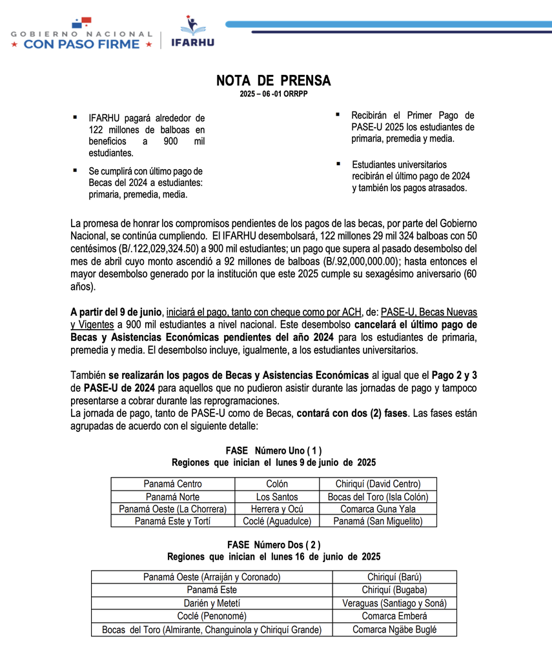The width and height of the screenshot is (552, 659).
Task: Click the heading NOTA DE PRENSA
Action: click(x=273, y=81)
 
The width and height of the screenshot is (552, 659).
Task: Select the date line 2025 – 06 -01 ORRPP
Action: click(x=273, y=94)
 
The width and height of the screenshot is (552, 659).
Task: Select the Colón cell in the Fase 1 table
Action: click(x=277, y=483)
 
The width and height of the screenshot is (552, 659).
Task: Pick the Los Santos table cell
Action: click(x=277, y=496)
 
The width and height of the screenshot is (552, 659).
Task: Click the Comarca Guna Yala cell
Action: click(x=378, y=509)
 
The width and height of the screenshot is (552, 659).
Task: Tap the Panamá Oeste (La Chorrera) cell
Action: click(x=172, y=509)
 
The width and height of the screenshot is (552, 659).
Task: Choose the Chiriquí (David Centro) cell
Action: click(x=378, y=483)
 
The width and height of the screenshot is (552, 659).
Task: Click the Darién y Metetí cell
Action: click(x=212, y=603)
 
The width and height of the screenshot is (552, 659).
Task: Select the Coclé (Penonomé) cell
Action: click(x=212, y=616)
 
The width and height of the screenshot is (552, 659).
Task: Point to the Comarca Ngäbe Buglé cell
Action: click(x=394, y=629)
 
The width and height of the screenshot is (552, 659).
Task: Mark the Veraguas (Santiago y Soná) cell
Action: click(x=394, y=603)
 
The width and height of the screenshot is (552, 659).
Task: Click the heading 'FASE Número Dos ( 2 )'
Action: click(x=274, y=544)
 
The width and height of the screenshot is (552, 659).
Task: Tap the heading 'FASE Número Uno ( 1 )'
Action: click(x=274, y=450)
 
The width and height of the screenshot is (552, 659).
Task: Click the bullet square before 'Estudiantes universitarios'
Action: click(x=337, y=164)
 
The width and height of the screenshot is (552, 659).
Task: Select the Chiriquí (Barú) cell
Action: click(x=394, y=577)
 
